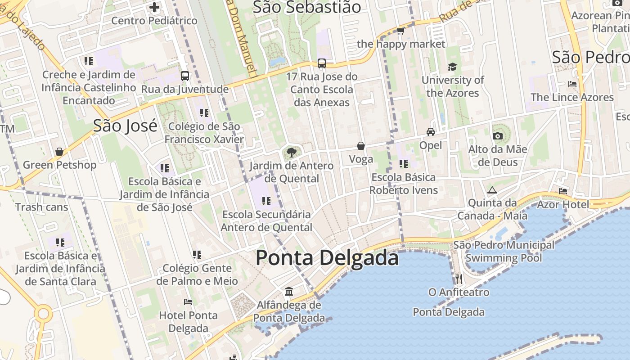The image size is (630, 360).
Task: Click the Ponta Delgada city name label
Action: click(327, 258)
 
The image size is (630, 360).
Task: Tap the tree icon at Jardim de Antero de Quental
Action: click(291, 152)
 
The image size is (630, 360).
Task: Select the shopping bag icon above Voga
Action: click(361, 146)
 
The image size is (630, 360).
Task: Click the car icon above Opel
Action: click(431, 132)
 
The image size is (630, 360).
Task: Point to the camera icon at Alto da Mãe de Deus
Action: click(497, 136)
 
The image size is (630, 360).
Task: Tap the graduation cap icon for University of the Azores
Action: click(452, 67)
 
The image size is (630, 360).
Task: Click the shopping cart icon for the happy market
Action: click(400, 31)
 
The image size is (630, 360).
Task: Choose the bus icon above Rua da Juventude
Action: click(185, 76)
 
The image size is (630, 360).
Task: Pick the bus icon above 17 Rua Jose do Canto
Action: click(322, 63)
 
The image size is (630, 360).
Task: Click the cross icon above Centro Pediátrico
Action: click(154, 7)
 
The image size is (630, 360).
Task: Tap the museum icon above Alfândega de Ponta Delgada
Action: click(289, 292)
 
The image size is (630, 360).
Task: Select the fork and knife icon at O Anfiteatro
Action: click(459, 279)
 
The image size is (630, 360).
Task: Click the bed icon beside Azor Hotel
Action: click(563, 191)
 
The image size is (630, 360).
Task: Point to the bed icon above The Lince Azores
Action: click(572, 84)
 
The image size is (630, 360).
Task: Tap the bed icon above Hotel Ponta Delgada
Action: click(188, 301)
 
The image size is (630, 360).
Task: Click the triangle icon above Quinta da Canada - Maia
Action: click(492, 190)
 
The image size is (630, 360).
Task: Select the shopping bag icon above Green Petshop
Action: click(59, 152)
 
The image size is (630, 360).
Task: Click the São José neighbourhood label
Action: click(125, 126)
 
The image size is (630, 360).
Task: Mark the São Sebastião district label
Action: click(307, 7)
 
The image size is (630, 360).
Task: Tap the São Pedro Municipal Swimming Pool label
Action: click(504, 252)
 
